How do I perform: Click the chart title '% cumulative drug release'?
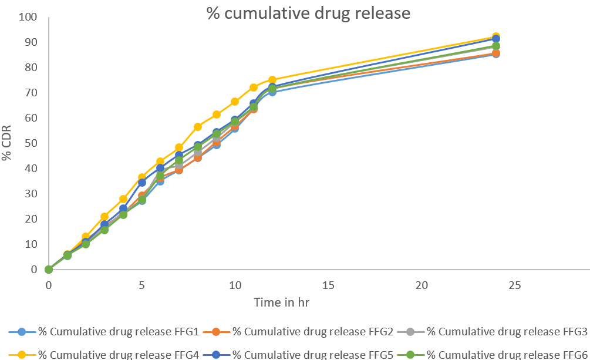point(308,13)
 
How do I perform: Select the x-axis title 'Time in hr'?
point(281,302)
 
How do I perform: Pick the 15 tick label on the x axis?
point(328,285)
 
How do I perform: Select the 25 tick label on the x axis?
point(514,285)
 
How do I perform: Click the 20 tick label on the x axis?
point(421,285)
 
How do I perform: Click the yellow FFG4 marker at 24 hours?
point(495,37)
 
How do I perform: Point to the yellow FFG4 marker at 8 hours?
point(198,127)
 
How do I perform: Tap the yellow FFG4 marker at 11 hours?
point(254,88)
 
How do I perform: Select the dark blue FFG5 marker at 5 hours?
point(142,183)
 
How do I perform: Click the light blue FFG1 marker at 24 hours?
point(495,54)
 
